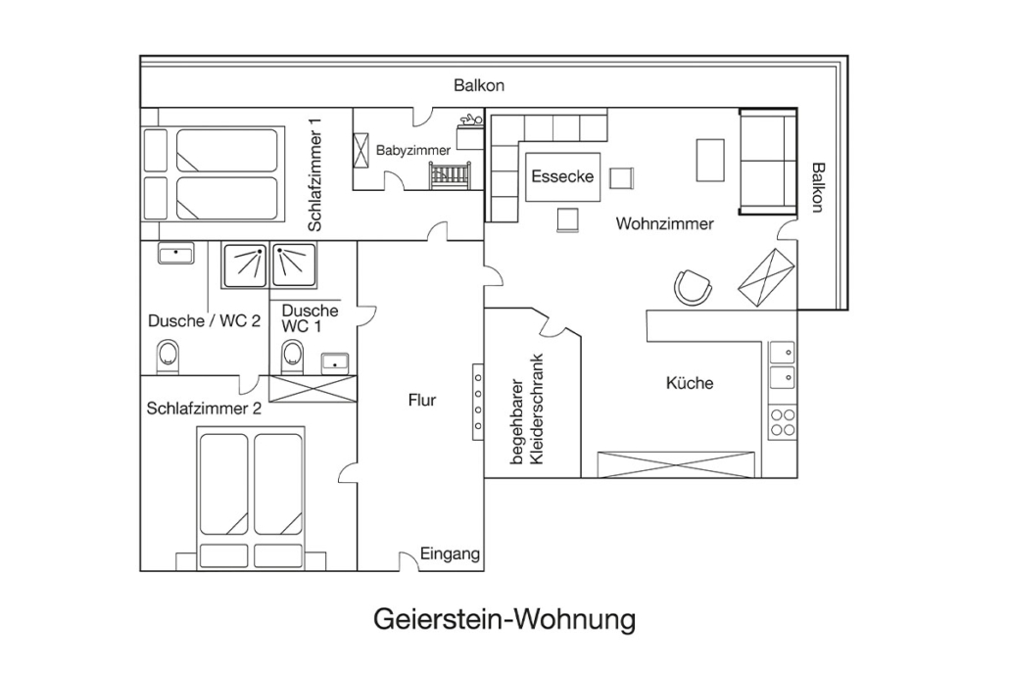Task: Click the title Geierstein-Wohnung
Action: (x=504, y=620)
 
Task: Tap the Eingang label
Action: (x=450, y=553)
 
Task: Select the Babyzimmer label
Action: (x=413, y=151)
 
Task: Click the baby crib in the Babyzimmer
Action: (x=450, y=175)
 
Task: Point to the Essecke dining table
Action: (x=562, y=176)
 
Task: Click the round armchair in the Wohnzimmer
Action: (x=693, y=286)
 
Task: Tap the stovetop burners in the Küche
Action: (x=783, y=422)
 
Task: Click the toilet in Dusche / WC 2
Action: (x=168, y=358)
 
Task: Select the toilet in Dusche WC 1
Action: (x=292, y=358)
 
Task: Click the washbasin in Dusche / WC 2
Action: (x=175, y=253)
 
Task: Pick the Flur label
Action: (x=422, y=401)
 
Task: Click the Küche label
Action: (x=690, y=383)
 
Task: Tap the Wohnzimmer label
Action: (x=665, y=224)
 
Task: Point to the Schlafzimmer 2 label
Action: (x=204, y=409)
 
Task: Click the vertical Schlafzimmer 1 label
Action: (x=314, y=173)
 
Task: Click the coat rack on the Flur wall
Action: (x=478, y=402)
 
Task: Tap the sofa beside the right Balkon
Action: (x=768, y=163)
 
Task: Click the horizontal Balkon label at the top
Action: (x=479, y=85)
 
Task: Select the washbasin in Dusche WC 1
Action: (x=335, y=362)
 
